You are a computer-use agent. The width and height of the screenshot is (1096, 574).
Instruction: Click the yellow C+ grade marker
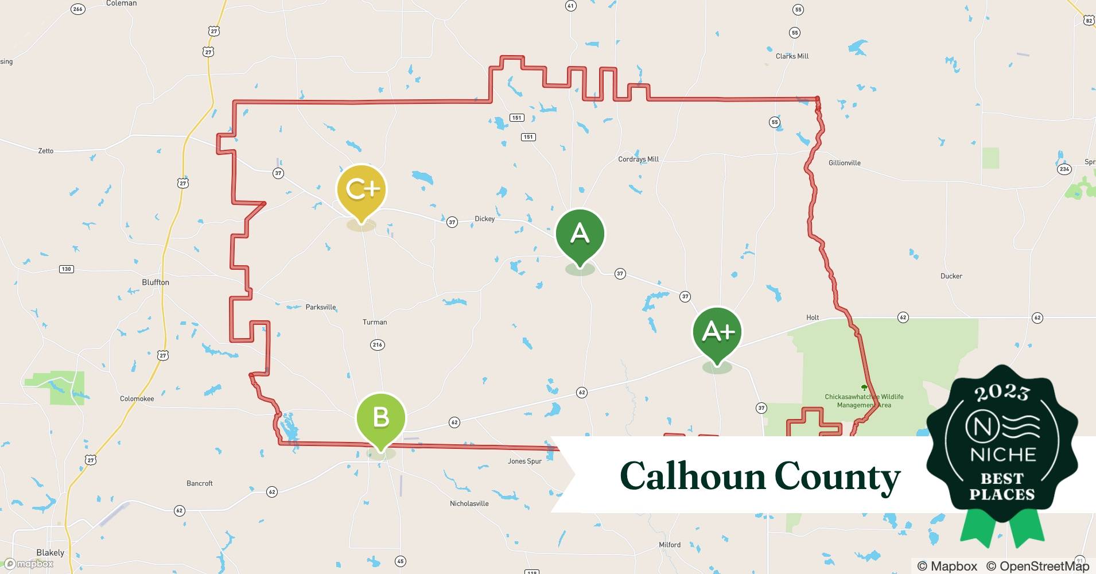pyautogui.click(x=361, y=191)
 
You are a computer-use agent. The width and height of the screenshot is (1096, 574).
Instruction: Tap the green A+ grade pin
pyautogui.click(x=717, y=332)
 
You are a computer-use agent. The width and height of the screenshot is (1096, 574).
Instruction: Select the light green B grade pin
pyautogui.click(x=380, y=418)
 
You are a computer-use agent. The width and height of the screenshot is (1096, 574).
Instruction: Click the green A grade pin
pyautogui.click(x=580, y=234)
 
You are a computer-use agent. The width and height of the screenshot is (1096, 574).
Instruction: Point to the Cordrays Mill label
pyautogui.click(x=638, y=159)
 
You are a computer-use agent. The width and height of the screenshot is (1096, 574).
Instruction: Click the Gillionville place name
pyautogui.click(x=844, y=163)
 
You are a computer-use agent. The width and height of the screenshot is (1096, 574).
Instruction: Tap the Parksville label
pyautogui.click(x=320, y=307)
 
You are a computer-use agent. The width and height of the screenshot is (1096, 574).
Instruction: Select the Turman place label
pyautogui.click(x=375, y=322)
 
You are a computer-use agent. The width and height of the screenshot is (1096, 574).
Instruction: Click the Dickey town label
pyautogui.click(x=484, y=219)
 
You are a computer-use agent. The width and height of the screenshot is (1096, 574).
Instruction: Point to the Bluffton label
pyautogui.click(x=156, y=282)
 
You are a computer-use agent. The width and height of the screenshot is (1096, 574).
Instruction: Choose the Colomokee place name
pyautogui.click(x=137, y=399)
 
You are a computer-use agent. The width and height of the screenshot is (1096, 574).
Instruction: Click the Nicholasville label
pyautogui.click(x=469, y=503)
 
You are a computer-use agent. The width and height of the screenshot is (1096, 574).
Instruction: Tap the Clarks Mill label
pyautogui.click(x=792, y=56)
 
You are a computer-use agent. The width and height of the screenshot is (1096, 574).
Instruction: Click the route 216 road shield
pyautogui.click(x=377, y=345)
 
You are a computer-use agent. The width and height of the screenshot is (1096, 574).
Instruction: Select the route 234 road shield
pyautogui.click(x=1064, y=169)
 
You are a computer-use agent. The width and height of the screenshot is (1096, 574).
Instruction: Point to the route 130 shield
pyautogui.click(x=66, y=269)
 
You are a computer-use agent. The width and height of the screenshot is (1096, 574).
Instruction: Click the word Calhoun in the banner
pyautogui.click(x=693, y=476)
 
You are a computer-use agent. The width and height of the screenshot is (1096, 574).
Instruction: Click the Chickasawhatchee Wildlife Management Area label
pyautogui.click(x=864, y=401)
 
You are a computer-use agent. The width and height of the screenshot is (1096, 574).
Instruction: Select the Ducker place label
pyautogui.click(x=951, y=276)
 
